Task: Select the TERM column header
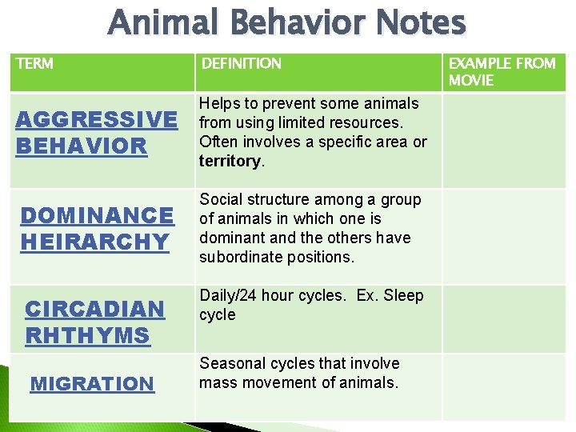point(34,63)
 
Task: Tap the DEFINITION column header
point(241,63)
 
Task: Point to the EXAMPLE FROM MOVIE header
point(502,71)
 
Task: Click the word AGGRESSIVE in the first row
point(96,120)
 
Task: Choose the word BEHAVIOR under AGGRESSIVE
point(82,146)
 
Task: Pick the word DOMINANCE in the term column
point(96,215)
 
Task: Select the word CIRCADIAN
point(94,309)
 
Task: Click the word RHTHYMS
point(87,335)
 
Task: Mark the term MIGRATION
point(91,384)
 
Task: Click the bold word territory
point(230,161)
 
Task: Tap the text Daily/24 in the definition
point(229,296)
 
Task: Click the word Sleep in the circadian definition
point(403,296)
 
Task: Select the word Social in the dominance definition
point(220,199)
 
